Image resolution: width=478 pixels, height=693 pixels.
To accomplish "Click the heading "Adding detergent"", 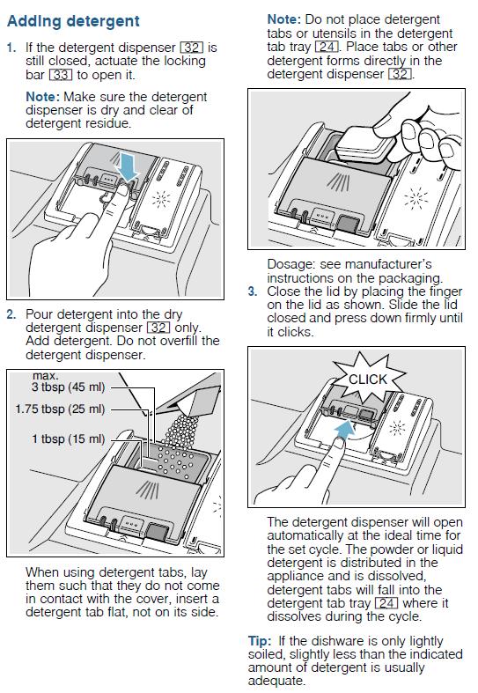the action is pos(73,21).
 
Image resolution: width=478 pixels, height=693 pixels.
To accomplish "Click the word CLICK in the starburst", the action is pos(368,380).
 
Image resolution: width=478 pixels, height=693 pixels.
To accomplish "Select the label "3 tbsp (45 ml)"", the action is pos(68,387).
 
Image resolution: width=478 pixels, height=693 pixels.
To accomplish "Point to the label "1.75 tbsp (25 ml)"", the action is pos(60,409).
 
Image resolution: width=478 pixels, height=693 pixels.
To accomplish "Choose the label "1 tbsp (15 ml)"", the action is pos(69,439).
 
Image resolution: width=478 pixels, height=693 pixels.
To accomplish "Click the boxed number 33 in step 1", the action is pos(61,75).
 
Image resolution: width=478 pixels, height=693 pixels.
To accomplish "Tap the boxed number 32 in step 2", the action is pos(158,328).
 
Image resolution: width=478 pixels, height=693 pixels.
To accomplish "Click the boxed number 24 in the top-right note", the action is pos(327,47).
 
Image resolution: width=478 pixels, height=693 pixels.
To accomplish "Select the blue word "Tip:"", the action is pos(261,641).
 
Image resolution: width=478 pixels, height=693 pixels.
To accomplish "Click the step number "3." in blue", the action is pos(253,291).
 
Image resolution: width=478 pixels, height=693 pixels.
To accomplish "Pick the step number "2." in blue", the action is pos(11,314).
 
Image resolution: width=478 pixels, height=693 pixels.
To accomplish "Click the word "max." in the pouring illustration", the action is pos(45,376).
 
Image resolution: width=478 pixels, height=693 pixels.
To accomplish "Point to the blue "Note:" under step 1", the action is pos(42,97).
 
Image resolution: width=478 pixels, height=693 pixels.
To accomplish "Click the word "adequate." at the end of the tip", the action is pos(276,681).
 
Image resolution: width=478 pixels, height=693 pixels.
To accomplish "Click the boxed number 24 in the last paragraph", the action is pos(386,603).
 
